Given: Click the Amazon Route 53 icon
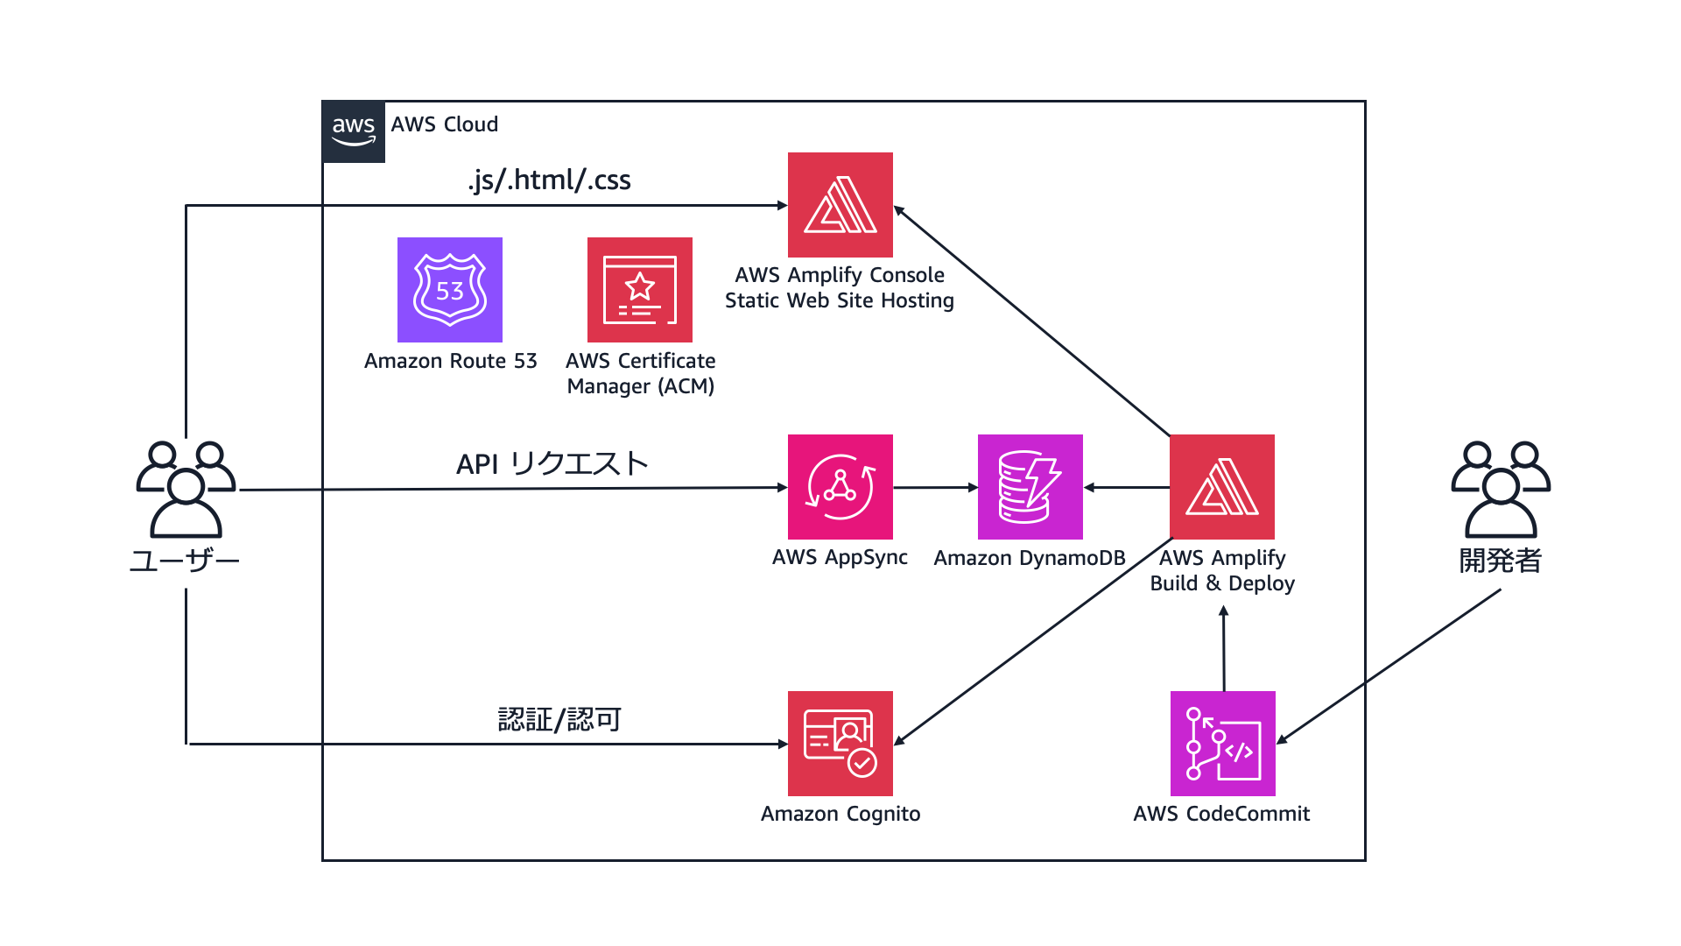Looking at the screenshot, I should click(x=449, y=290).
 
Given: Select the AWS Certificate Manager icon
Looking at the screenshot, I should click(x=639, y=290).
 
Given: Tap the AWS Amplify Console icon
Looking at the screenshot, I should click(x=840, y=205).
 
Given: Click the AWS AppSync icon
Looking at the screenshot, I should click(x=840, y=487).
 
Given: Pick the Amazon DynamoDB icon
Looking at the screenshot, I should click(x=1030, y=487).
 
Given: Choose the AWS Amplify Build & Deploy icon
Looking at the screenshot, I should click(x=1221, y=487).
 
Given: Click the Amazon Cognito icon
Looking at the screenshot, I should click(x=840, y=744).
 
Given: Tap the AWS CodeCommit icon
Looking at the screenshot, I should click(x=1222, y=744).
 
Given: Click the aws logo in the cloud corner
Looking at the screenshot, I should click(x=354, y=131).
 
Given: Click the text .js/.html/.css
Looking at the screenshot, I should click(x=549, y=180).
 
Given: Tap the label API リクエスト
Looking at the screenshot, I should click(x=552, y=463).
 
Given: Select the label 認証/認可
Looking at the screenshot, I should click(x=559, y=719).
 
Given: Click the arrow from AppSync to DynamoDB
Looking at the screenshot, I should click(x=935, y=487).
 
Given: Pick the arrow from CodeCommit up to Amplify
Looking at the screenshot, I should click(x=1224, y=648).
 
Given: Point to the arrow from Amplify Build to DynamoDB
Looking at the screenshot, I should click(x=1127, y=487).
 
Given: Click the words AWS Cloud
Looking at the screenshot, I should click(x=444, y=124).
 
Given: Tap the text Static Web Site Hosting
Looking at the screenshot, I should click(x=839, y=300).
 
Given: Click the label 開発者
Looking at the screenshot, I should click(x=1500, y=561).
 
